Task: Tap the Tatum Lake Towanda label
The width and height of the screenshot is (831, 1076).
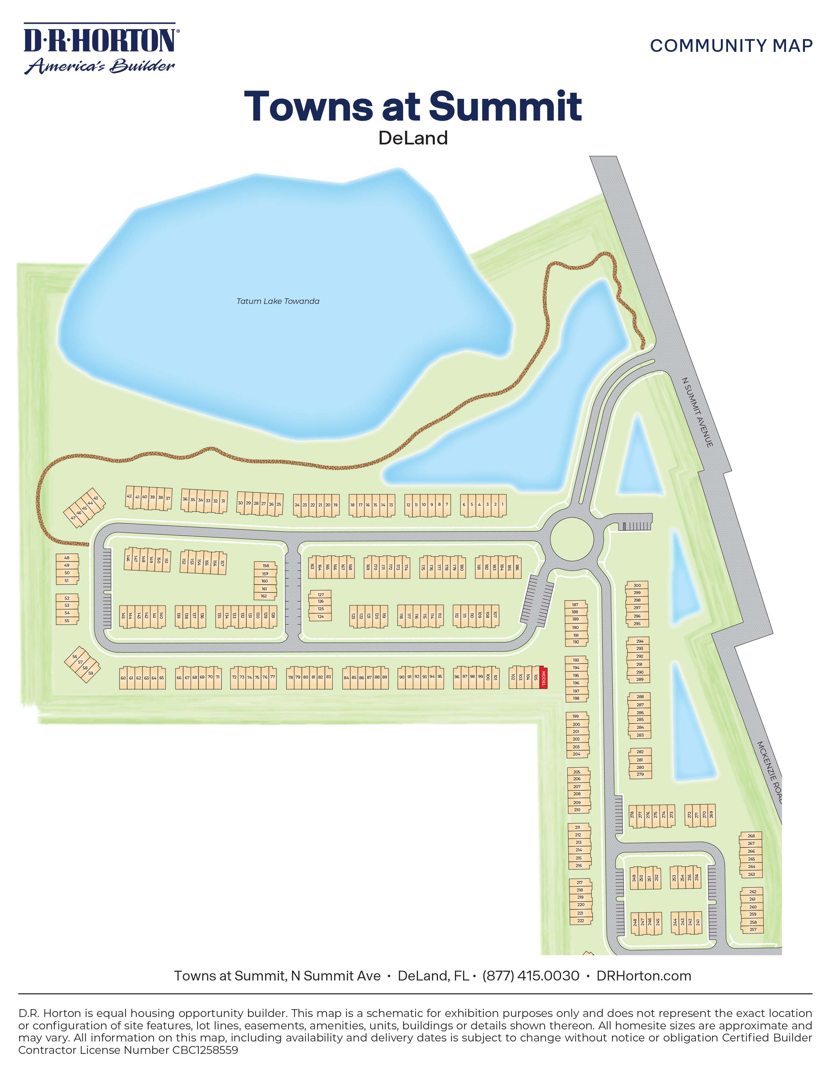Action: point(278,301)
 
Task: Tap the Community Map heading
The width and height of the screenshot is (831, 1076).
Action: point(731,46)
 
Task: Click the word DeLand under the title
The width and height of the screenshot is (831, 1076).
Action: point(413,138)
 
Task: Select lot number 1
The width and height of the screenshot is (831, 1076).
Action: point(502,504)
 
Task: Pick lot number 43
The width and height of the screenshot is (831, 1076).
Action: point(96,498)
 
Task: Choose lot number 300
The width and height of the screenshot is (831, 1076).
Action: point(637,585)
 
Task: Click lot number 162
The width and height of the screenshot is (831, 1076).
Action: point(264,596)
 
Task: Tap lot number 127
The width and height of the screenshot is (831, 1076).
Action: point(320,595)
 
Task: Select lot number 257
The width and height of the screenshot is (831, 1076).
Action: point(753,929)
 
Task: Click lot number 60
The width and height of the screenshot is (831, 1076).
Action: point(124,678)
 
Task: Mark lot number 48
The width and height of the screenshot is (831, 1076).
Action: point(67,558)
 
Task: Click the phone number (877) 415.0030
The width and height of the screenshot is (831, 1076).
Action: point(531,976)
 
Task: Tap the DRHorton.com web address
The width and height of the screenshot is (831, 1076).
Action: point(643,976)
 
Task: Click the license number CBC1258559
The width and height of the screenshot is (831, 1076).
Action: point(205,1050)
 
